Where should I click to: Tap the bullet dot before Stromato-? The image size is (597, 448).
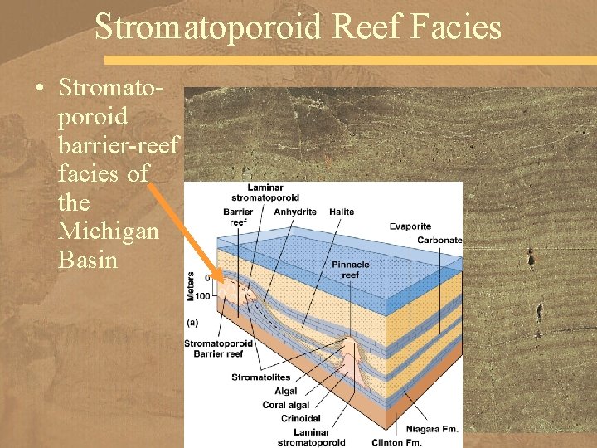[40, 88]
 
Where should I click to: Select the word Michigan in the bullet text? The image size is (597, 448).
[108, 231]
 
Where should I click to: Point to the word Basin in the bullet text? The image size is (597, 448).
[89, 260]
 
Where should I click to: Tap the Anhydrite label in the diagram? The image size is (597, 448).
[295, 212]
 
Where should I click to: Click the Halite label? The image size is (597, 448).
[342, 212]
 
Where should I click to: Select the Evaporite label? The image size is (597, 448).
[410, 226]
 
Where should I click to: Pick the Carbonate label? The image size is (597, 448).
[439, 241]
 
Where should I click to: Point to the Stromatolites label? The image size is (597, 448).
[263, 377]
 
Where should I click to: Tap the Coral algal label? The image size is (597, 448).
[287, 406]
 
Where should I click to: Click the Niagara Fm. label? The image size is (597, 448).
[430, 429]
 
